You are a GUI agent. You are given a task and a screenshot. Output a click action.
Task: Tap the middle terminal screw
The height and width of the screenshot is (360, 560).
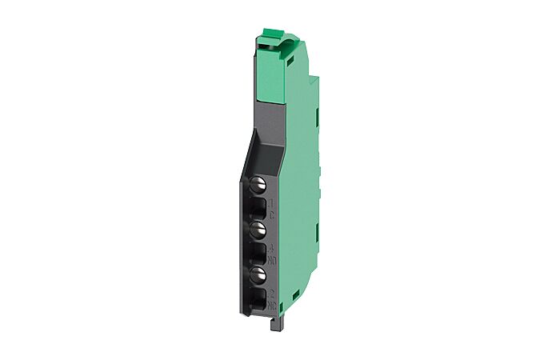(258, 232)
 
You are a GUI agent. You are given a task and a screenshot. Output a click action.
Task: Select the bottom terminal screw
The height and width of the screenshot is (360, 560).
(258, 274)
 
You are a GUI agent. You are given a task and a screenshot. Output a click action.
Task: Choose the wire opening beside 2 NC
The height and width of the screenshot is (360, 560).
(259, 298)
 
